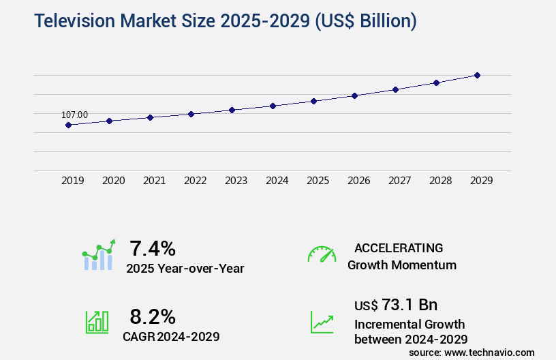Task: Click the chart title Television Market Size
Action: point(226,21)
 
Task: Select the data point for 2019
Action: point(68,125)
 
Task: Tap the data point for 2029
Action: point(477,75)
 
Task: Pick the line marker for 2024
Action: point(273,106)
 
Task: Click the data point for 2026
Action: point(354,95)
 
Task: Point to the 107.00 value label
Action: point(74,115)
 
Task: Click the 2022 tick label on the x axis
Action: point(195,181)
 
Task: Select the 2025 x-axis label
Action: point(318,181)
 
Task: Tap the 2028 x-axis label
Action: point(440,181)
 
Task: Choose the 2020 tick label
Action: point(113,181)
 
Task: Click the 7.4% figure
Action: point(153,248)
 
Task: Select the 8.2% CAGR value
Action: point(153,316)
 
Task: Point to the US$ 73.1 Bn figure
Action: point(396,305)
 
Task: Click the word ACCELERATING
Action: point(399,248)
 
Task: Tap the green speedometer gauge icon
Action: point(322,254)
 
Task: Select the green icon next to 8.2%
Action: point(97,322)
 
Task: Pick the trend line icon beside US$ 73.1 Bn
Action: point(322,322)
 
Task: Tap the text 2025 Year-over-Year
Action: point(185,269)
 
